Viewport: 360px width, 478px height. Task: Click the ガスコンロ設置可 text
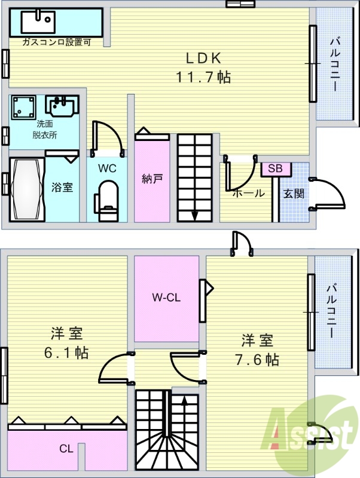coord(56,42)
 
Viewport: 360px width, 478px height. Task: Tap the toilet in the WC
coord(108,200)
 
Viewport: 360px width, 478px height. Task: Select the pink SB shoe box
coord(275,168)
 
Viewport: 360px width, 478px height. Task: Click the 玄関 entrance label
coord(294,194)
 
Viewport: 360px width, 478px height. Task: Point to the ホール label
coord(248,193)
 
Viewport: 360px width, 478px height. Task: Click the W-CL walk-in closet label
coord(166,296)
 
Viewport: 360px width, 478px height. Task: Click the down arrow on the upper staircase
coord(194,215)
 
